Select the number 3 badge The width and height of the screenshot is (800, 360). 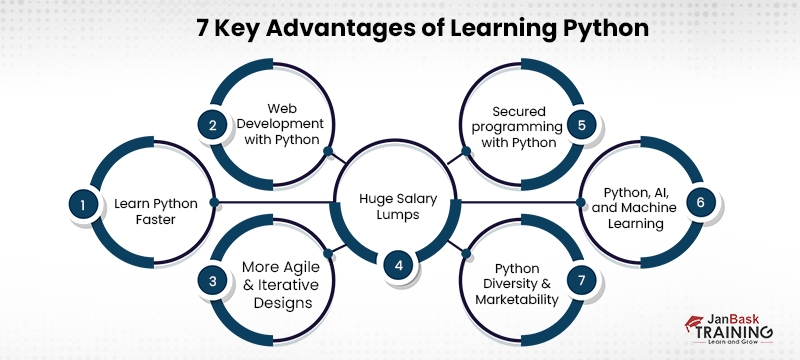212,281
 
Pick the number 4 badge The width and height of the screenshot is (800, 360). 399,266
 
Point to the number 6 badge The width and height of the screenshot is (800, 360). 700,203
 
